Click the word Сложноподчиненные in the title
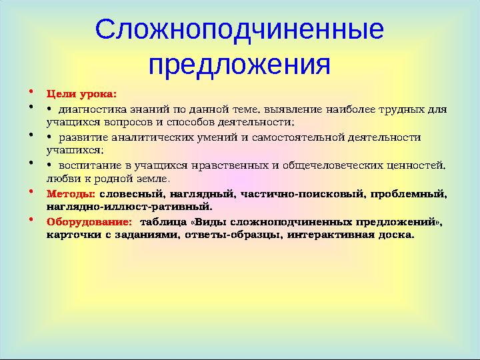(239, 30)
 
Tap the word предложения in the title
(239, 65)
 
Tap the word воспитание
(89, 165)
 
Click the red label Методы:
(71, 194)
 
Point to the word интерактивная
(331, 235)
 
